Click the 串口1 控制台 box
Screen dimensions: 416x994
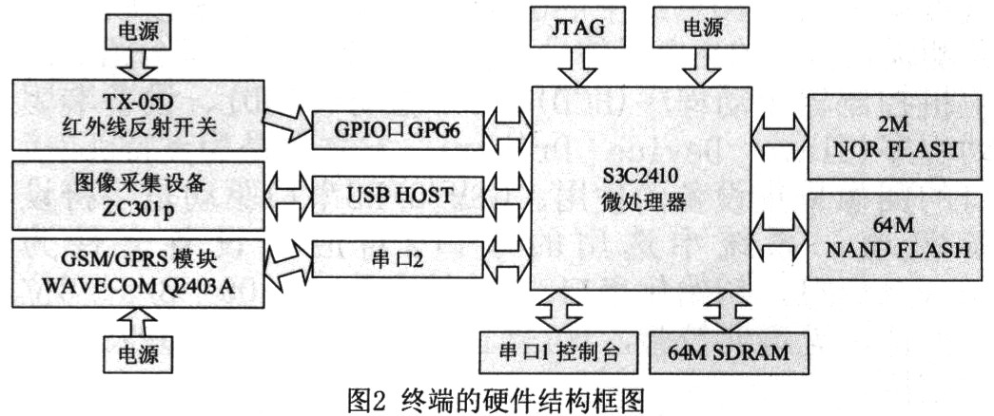pos(552,353)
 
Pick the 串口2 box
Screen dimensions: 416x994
pos(397,258)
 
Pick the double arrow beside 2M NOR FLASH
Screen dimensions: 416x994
pos(780,136)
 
